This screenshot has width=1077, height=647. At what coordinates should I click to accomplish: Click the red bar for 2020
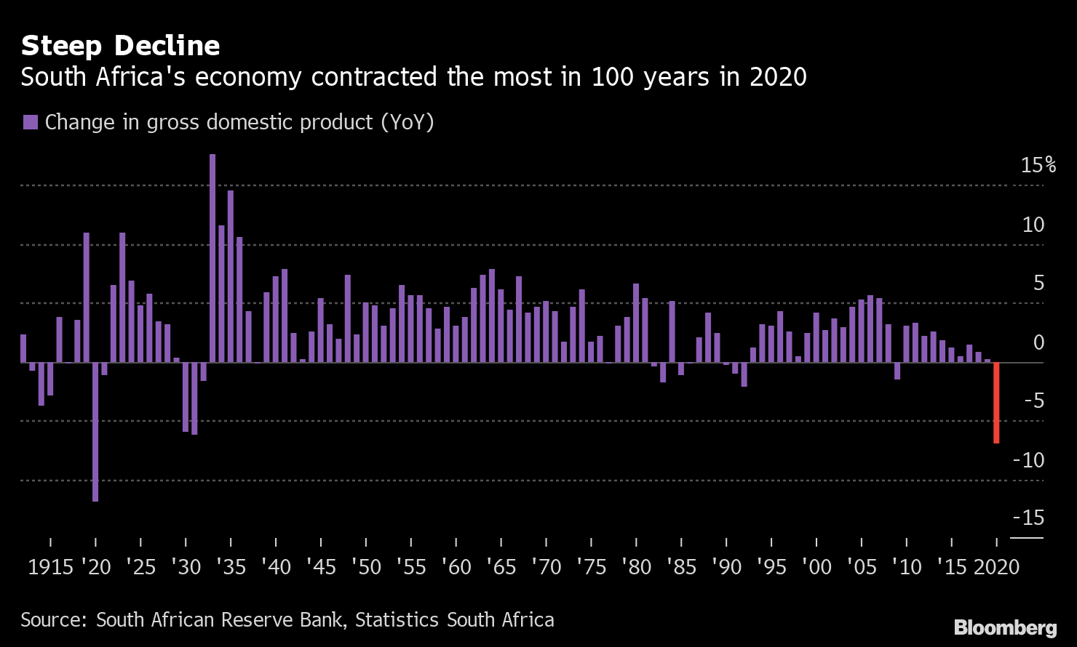coord(996,402)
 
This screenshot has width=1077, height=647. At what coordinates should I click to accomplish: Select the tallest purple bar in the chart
coord(212,257)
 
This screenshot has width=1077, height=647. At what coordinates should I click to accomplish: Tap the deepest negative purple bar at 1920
coord(95,431)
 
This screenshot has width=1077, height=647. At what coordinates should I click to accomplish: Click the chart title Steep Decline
coord(120,46)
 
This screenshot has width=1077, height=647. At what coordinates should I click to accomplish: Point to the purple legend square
coord(30,122)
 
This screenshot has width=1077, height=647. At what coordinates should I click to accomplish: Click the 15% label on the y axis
coord(1038,165)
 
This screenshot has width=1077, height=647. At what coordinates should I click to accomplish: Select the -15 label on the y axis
coord(1028,518)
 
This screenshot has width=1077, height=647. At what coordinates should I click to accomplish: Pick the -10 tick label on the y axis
coord(1028,459)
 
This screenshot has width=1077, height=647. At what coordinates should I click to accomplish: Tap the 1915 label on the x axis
coord(50,567)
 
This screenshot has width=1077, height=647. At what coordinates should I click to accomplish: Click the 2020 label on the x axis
coord(996,567)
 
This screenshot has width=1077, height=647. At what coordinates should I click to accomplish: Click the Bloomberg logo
coord(1005,627)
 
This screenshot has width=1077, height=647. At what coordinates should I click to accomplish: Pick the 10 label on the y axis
coord(1033,225)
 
